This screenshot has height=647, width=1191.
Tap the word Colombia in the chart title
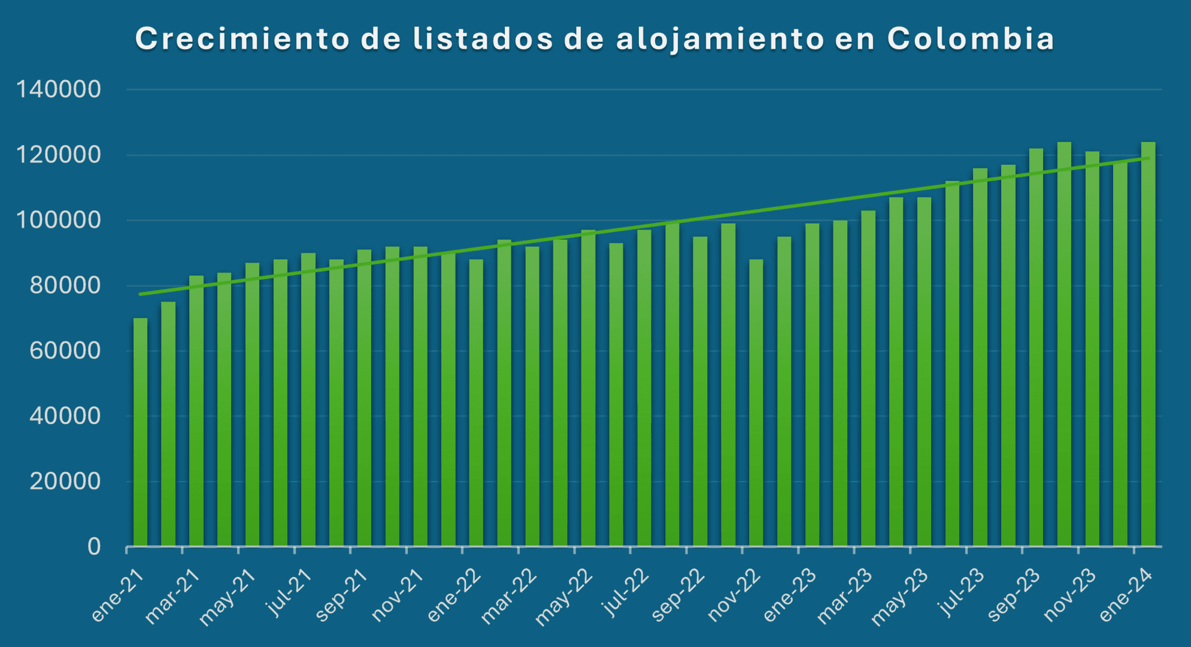970,39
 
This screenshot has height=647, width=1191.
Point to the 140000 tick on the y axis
59,90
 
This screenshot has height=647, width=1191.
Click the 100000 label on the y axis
59,220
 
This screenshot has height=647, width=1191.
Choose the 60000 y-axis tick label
65,350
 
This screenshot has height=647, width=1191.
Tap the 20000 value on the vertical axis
65,481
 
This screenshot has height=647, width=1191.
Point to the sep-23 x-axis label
1014,596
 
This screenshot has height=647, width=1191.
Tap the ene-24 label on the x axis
1127,596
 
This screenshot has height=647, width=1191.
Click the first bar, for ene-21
140,431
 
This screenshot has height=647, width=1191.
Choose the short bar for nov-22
756,401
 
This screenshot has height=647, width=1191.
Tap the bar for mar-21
196,413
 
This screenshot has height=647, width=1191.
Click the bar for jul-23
980,359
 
